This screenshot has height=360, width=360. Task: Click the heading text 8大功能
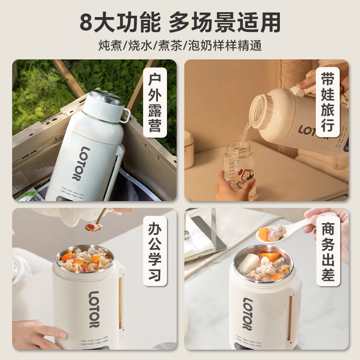(120, 22)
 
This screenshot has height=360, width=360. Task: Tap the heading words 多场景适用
(225, 22)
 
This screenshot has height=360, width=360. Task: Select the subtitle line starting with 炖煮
(180, 46)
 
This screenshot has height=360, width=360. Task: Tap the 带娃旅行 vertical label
(327, 102)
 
